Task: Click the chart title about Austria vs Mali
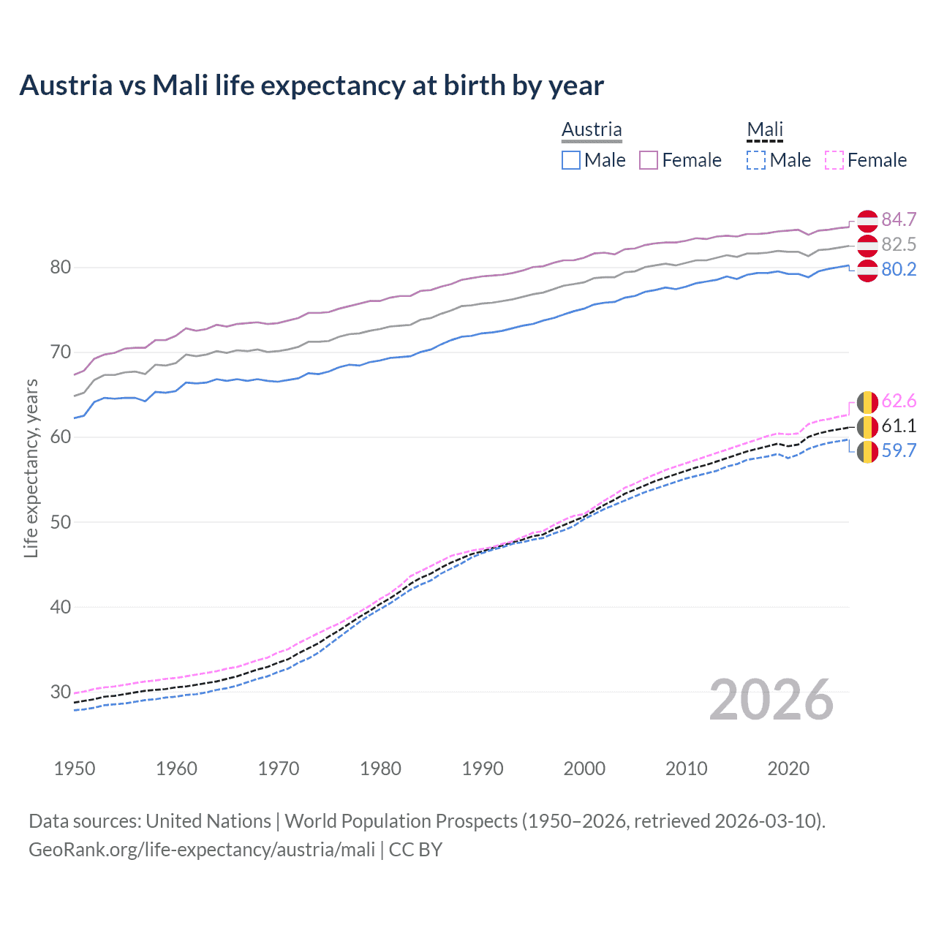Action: pos(312,86)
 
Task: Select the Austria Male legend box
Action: pos(571,160)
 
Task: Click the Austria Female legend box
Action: pos(649,160)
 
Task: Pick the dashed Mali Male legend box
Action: pos(756,160)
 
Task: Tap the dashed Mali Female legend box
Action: pos(834,160)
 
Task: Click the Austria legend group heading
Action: pos(592,129)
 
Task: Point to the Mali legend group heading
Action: pos(765,129)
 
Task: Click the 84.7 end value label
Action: pos(899,219)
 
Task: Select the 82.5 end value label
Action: pos(899,244)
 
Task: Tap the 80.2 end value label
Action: pos(899,269)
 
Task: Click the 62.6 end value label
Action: pos(899,401)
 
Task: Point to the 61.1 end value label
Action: pos(899,426)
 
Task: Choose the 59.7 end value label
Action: pos(899,450)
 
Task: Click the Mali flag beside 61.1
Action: pos(867,426)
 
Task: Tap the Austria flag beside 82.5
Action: pos(867,245)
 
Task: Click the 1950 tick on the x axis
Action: pos(75,769)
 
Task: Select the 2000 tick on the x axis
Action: pos(584,769)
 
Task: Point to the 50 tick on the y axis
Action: pos(60,522)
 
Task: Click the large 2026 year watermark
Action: pos(771,700)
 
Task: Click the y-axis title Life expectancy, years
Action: pos(31,468)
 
